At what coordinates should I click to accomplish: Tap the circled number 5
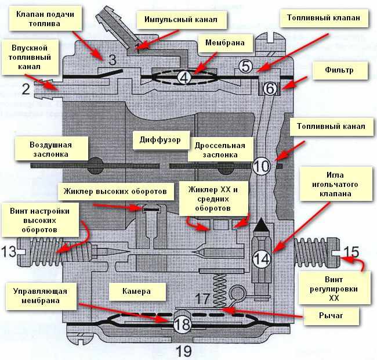tap(246, 67)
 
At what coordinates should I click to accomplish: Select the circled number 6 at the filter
tap(270, 89)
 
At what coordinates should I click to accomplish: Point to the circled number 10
tap(262, 166)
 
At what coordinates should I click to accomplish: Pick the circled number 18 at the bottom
tap(182, 323)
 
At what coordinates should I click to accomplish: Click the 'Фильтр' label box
tap(340, 71)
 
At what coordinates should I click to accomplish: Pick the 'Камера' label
tap(137, 290)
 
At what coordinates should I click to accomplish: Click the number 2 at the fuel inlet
tap(26, 89)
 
